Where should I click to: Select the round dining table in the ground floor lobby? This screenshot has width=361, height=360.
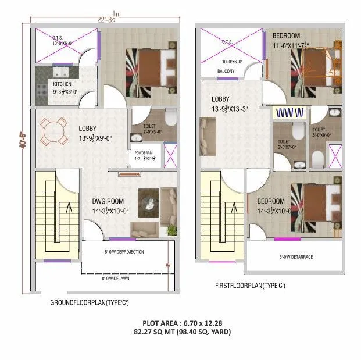coord(53,132)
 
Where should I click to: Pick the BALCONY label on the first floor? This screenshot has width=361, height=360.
coord(226,71)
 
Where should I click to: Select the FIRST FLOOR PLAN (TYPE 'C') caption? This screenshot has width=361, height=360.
coord(250,286)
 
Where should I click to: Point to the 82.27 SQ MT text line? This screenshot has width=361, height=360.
coord(182,332)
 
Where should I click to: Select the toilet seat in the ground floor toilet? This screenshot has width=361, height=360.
coord(169,119)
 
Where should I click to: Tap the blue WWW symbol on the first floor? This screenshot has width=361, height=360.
coord(289,112)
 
